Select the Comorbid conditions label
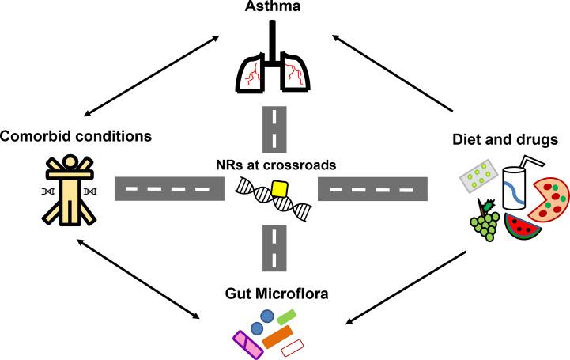(76, 136)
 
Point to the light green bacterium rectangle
(286, 319)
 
